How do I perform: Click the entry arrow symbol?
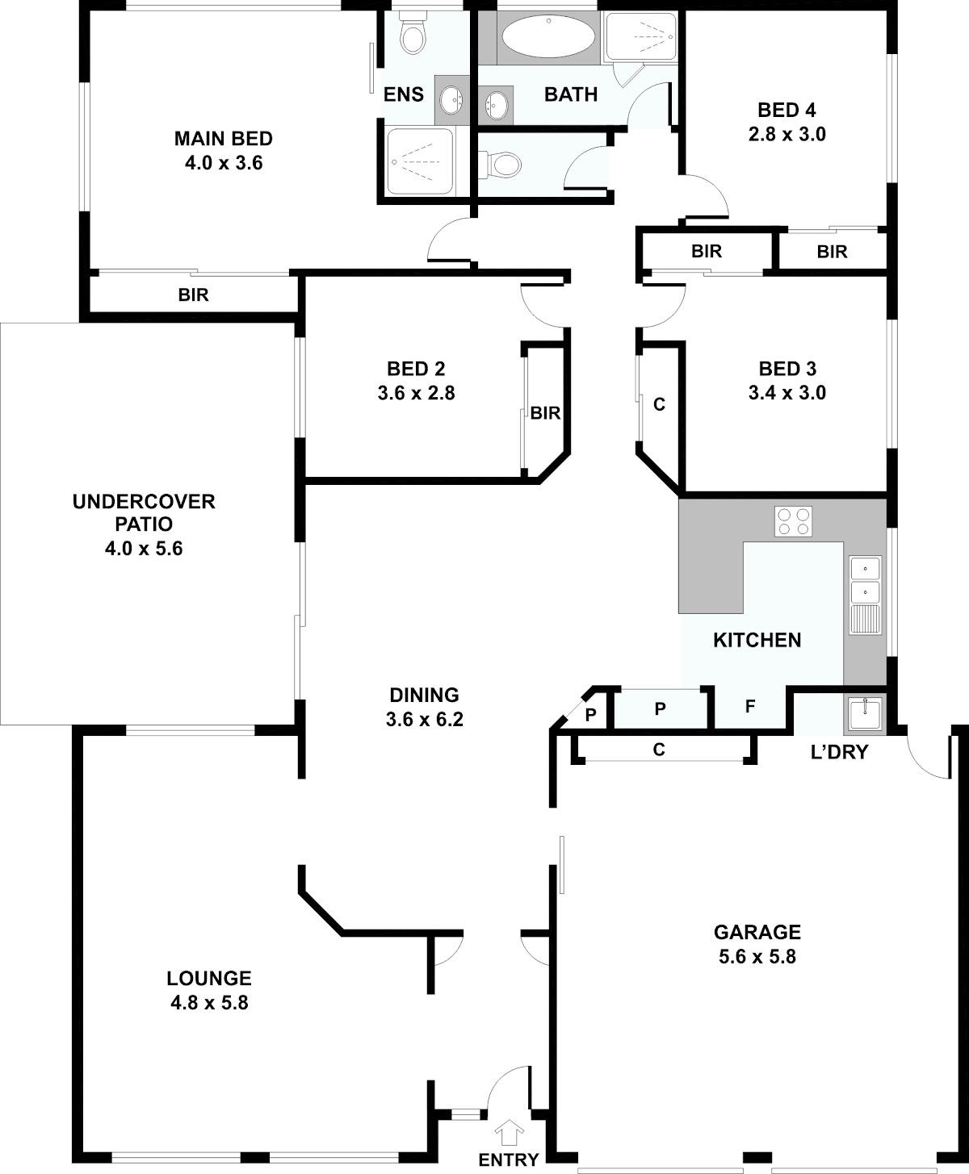point(509,1131)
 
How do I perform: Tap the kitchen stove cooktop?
point(793,521)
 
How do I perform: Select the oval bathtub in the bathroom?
point(547,36)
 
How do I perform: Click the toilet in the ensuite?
point(413,34)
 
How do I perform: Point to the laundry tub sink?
point(865,713)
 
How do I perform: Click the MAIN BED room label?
point(224,138)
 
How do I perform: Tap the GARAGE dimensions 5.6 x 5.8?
point(757,956)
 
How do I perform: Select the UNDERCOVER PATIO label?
point(144,512)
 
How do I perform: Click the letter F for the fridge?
point(749,707)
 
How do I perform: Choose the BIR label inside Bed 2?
point(545,413)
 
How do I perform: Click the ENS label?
point(404,94)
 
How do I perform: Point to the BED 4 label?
point(787,111)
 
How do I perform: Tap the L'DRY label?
point(840,752)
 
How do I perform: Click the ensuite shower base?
point(420,162)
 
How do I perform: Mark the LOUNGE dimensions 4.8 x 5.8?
point(209,1002)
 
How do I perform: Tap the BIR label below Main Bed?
point(194,295)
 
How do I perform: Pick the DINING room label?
point(424,695)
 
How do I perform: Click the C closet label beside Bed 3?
point(659,404)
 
